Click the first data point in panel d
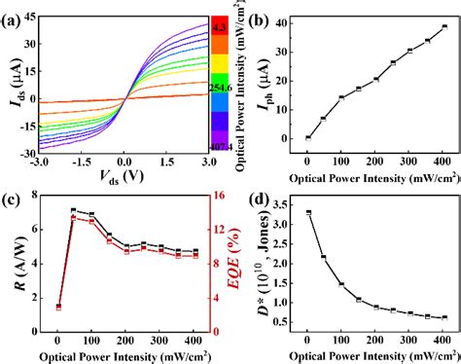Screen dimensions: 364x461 click(307, 212)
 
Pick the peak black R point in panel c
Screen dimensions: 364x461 click(73, 210)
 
